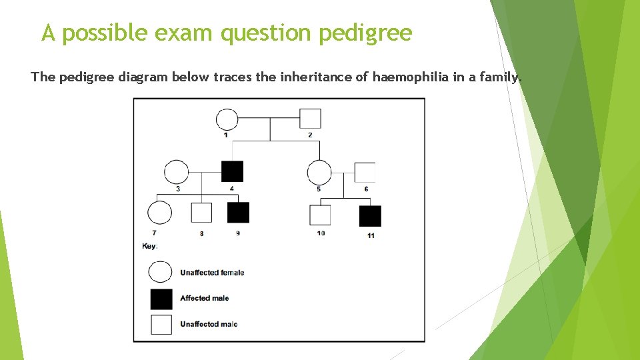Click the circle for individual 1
[227, 119]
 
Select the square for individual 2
[310, 119]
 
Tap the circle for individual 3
[176, 172]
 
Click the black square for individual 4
[232, 171]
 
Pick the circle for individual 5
[319, 173]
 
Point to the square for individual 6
[365, 172]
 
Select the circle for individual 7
[159, 213]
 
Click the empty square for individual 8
[201, 213]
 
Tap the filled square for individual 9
[238, 213]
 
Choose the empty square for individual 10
[320, 215]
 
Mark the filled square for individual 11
[370, 216]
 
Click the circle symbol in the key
[161, 272]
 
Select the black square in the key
[161, 299]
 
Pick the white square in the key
[161, 324]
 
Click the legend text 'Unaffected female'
[212, 273]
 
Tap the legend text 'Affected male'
[204, 298]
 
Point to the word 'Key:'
[150, 246]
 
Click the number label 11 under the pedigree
[371, 235]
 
